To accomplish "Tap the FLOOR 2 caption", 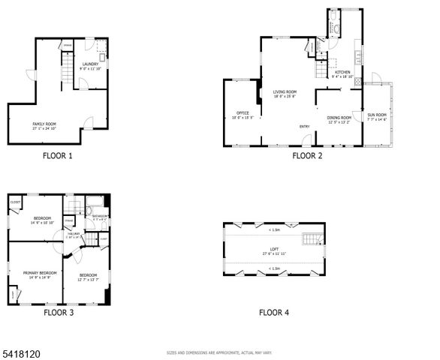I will pyautogui.click(x=307, y=156).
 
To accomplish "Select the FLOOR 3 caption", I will pyautogui.click(x=59, y=312).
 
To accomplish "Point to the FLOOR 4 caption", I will pyautogui.click(x=274, y=312).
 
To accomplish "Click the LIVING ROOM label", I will pyautogui.click(x=285, y=93).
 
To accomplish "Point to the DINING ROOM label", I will pyautogui.click(x=339, y=118).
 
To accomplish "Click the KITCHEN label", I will pyautogui.click(x=343, y=73).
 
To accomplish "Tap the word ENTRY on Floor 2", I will pyautogui.click(x=305, y=126).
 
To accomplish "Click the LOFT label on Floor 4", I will pyautogui.click(x=275, y=251).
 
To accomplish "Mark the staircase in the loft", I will pyautogui.click(x=310, y=240).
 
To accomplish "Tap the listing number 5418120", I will pyautogui.click(x=17, y=351).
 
